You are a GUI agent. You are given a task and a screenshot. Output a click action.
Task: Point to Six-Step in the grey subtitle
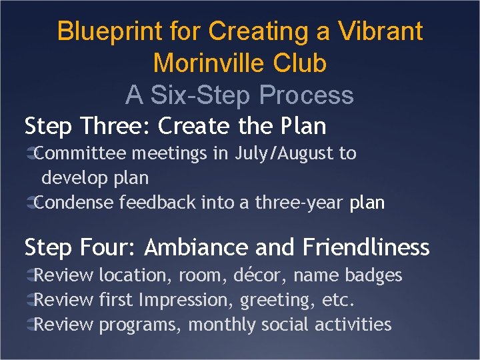[202, 95]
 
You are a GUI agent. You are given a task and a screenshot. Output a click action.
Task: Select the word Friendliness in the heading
[366, 247]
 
